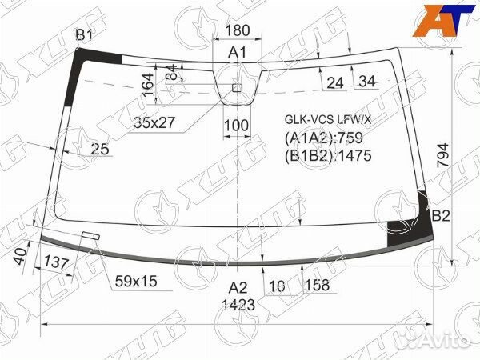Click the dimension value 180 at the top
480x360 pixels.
(x=238, y=30)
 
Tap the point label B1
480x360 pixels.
(x=84, y=34)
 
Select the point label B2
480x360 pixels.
(x=441, y=216)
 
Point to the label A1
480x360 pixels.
(x=238, y=52)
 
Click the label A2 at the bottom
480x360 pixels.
(x=238, y=288)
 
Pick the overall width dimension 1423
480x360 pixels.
(x=238, y=305)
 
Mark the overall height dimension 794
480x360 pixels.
(x=443, y=155)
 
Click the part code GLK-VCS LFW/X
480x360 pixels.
(x=328, y=119)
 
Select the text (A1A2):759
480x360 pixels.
(x=324, y=138)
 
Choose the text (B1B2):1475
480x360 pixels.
(x=328, y=155)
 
